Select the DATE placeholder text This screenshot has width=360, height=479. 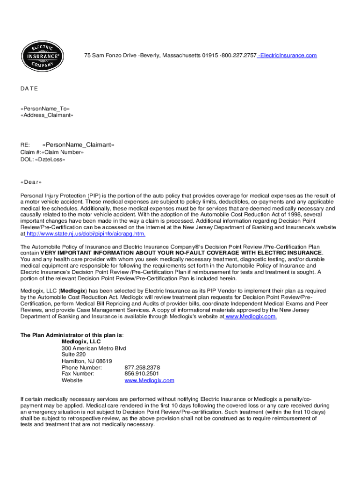pos(29,88)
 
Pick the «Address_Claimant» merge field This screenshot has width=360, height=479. pos(47,115)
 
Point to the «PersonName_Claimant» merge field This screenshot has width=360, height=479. pos(78,145)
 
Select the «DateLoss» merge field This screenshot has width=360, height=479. pos(50,160)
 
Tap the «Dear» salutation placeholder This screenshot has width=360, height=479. pos(31,182)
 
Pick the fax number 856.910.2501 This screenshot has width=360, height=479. pos(142,374)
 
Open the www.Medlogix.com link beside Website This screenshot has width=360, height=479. pos(149,380)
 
